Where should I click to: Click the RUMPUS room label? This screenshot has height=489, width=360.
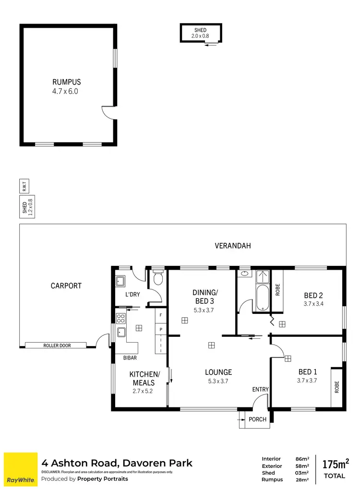point(67,82)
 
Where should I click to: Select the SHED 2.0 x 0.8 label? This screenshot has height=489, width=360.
point(201,33)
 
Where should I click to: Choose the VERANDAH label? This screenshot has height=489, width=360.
point(232,246)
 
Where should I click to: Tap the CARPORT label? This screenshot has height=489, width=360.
point(66,286)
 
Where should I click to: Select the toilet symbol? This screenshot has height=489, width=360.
point(158,278)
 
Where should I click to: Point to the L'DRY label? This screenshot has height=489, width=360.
point(132,295)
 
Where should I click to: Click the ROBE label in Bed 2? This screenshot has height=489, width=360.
point(277,289)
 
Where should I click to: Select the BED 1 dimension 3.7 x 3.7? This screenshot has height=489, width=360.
point(308,380)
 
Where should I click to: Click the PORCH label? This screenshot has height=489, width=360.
point(257,419)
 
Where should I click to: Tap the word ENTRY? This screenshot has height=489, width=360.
point(260,389)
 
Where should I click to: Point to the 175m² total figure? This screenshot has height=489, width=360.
point(335,464)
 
